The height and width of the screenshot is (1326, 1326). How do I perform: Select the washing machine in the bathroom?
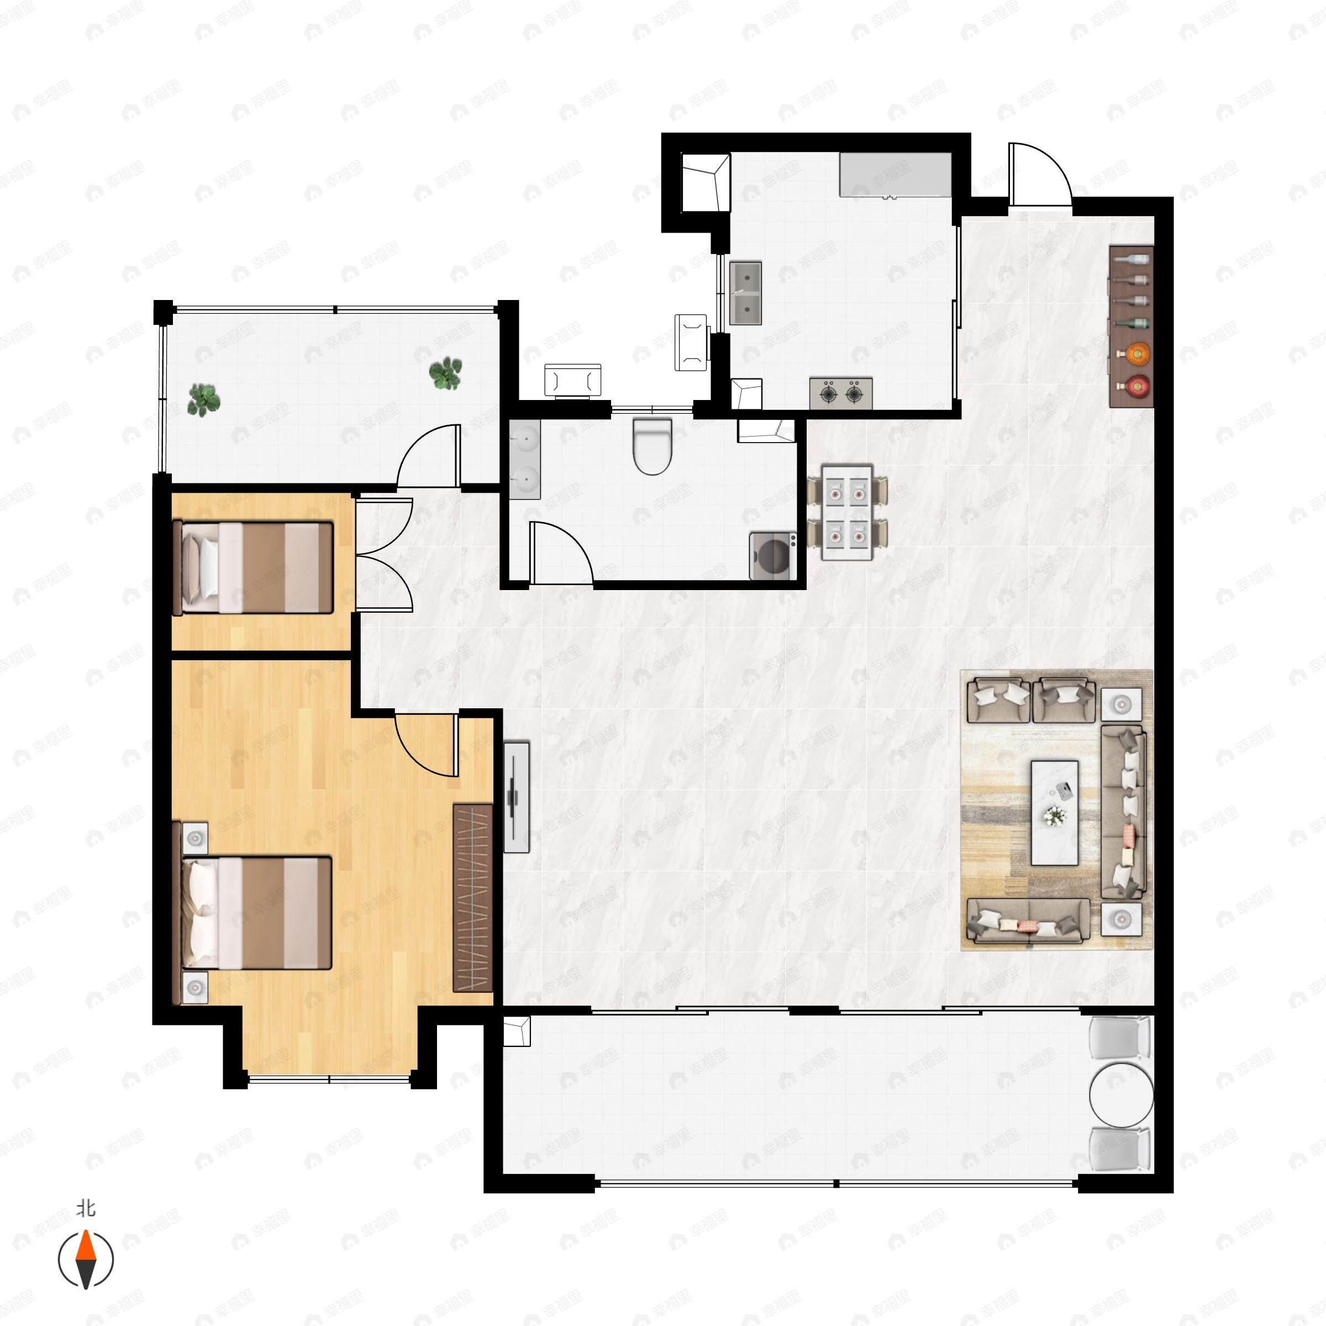tap(773, 556)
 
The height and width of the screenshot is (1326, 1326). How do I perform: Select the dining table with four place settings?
tap(847, 513)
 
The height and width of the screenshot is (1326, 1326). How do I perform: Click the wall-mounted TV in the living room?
tap(516, 797)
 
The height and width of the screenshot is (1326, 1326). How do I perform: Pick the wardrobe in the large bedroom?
tap(473, 898)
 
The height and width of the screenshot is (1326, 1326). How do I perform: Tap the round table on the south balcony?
tap(1122, 1095)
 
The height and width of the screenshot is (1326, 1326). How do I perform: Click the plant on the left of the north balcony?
tap(203, 399)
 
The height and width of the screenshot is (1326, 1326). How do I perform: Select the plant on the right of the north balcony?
tap(445, 373)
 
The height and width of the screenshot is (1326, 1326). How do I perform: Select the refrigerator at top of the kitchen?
tap(896, 175)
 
